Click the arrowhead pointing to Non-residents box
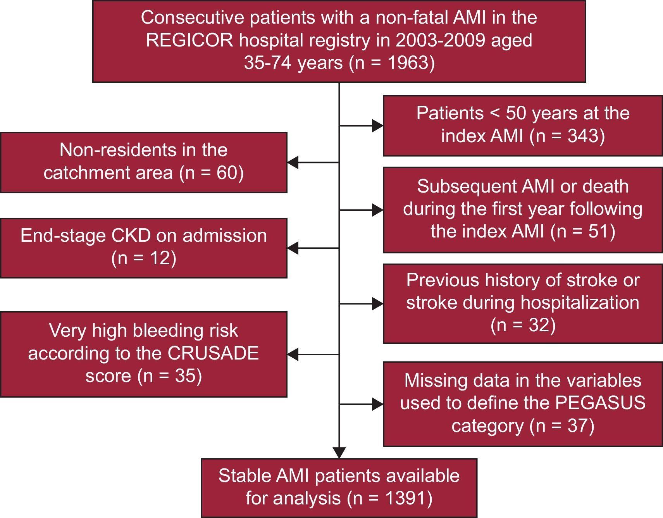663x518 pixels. coord(293,163)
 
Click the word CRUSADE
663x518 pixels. coord(213,353)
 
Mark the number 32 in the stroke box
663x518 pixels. coord(537,325)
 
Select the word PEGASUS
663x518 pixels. coord(600,403)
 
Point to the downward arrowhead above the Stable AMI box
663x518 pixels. coord(339,453)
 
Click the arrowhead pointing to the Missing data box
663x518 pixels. coord(377,404)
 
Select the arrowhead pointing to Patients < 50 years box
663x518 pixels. coord(377,126)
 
